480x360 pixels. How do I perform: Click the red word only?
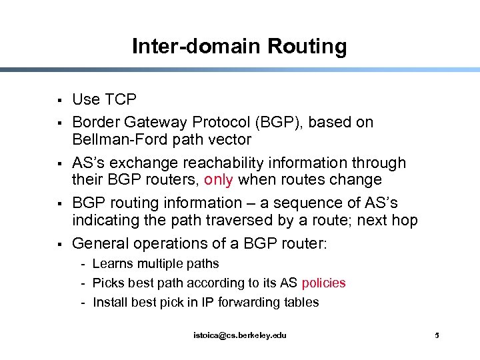coord(219,180)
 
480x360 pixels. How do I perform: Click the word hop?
coord(404,220)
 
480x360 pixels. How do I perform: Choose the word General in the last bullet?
coord(100,243)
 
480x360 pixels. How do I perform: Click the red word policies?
coord(323,283)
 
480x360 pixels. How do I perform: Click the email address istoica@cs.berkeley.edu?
coord(240,335)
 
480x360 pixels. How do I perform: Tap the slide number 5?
coord(437,335)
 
